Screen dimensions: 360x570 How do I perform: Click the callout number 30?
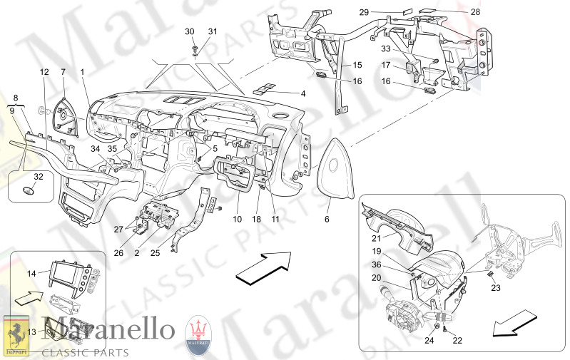pos(189,31)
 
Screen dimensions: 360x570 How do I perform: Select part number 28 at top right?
pos(474,12)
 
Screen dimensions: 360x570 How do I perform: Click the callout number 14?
pos(31,273)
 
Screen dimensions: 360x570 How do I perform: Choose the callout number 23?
pos(497,288)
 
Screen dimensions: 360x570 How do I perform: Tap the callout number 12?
pos(44,72)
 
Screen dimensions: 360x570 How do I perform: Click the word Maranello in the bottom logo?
pos(107,330)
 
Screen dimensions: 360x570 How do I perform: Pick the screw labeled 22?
pos(444,329)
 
